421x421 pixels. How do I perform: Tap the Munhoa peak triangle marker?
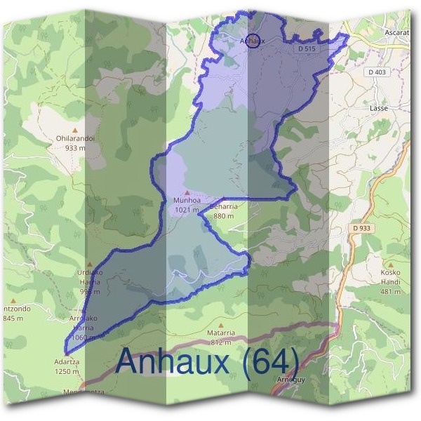tap(187, 192)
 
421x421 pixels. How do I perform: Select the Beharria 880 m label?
tap(224, 211)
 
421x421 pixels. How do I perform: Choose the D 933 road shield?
tap(362, 228)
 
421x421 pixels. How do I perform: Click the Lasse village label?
tap(379, 109)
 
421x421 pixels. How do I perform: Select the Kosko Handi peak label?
tap(391, 276)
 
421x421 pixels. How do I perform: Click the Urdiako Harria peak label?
tap(89, 276)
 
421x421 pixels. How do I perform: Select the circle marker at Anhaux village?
tap(254, 40)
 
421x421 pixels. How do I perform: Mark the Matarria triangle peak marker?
tap(220, 325)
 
